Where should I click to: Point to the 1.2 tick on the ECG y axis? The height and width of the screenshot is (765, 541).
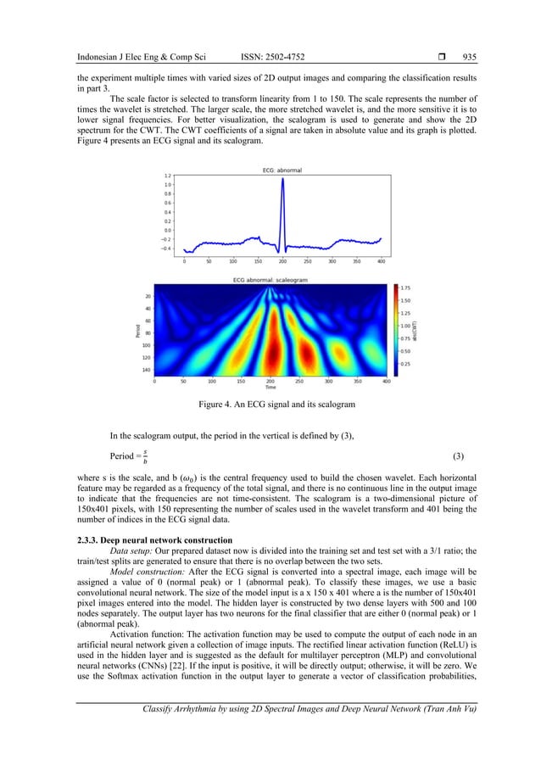coord(168,176)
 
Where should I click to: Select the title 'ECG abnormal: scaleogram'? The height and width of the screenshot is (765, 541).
coord(270,279)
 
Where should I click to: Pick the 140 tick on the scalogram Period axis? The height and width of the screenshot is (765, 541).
coord(147,370)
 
